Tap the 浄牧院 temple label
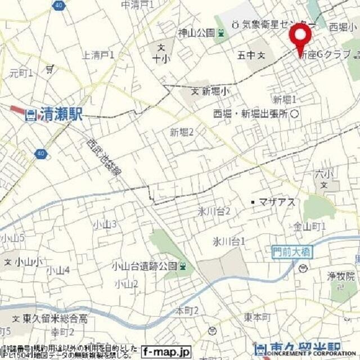click(x=341, y=276)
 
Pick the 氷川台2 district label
click(x=214, y=211)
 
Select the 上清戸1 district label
click(x=98, y=55)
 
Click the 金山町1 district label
click(x=310, y=226)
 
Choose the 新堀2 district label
click(x=182, y=132)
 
